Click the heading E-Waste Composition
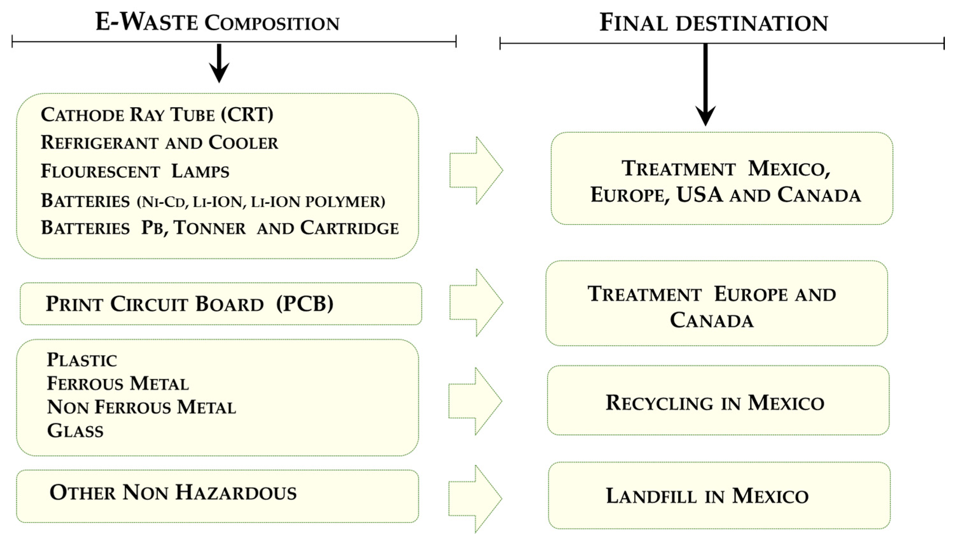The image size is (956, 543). point(217,22)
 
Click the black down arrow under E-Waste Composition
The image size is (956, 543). point(219,63)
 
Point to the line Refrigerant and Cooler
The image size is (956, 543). point(159,143)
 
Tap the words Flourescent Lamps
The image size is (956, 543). point(135,171)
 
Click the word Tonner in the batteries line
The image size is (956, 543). point(210,228)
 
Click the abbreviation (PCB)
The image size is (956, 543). point(305,303)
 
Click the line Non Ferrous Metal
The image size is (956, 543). point(141,407)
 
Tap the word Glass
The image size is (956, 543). point(75,431)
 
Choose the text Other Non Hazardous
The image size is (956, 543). point(173,493)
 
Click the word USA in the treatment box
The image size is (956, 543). point(699,195)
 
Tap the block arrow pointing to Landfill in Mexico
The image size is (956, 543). point(475,498)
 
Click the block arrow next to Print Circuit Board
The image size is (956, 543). point(476,303)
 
